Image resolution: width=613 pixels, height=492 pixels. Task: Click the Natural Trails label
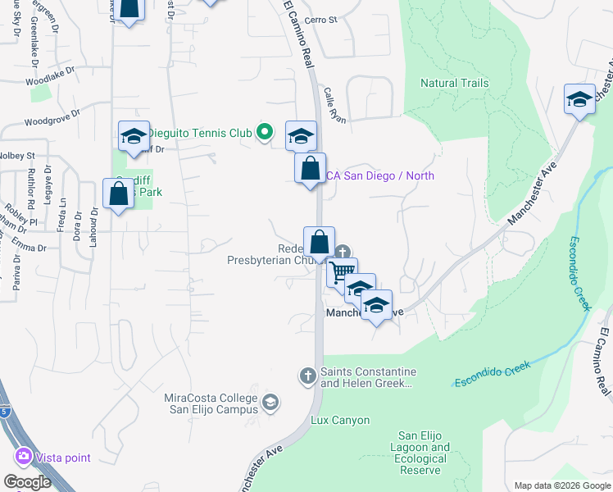[x=454, y=83]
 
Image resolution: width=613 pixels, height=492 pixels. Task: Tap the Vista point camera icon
[x=22, y=457]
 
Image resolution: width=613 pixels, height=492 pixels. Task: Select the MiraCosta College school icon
[x=271, y=403]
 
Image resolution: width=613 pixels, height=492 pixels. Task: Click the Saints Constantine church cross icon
[x=307, y=376]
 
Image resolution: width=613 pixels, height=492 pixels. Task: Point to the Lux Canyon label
[x=340, y=421]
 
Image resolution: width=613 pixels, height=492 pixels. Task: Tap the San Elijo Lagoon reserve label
[x=423, y=448]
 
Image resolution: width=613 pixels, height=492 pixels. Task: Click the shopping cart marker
[x=342, y=271]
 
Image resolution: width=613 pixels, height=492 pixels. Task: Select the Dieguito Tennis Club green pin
[x=264, y=131]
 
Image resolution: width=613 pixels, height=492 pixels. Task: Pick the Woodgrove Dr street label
[x=52, y=120]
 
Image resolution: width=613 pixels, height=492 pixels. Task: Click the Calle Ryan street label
[x=335, y=106]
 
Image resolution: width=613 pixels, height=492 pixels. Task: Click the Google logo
[x=27, y=482]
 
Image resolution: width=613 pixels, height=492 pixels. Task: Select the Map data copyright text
[x=561, y=485]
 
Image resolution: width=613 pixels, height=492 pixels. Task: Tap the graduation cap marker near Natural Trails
[x=579, y=101]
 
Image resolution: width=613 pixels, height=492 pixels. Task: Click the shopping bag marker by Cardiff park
[x=119, y=194]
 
